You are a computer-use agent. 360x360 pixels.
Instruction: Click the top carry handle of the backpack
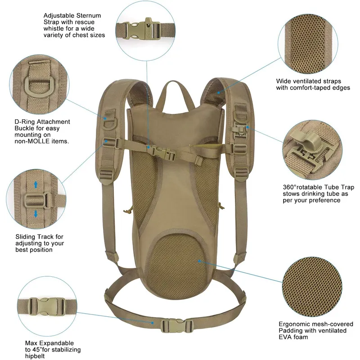(172, 88)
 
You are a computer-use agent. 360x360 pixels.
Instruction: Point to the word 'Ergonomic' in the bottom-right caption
(292, 324)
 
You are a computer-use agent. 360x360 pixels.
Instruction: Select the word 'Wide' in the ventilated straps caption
(283, 81)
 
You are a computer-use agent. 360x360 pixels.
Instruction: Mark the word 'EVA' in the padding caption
(284, 337)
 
